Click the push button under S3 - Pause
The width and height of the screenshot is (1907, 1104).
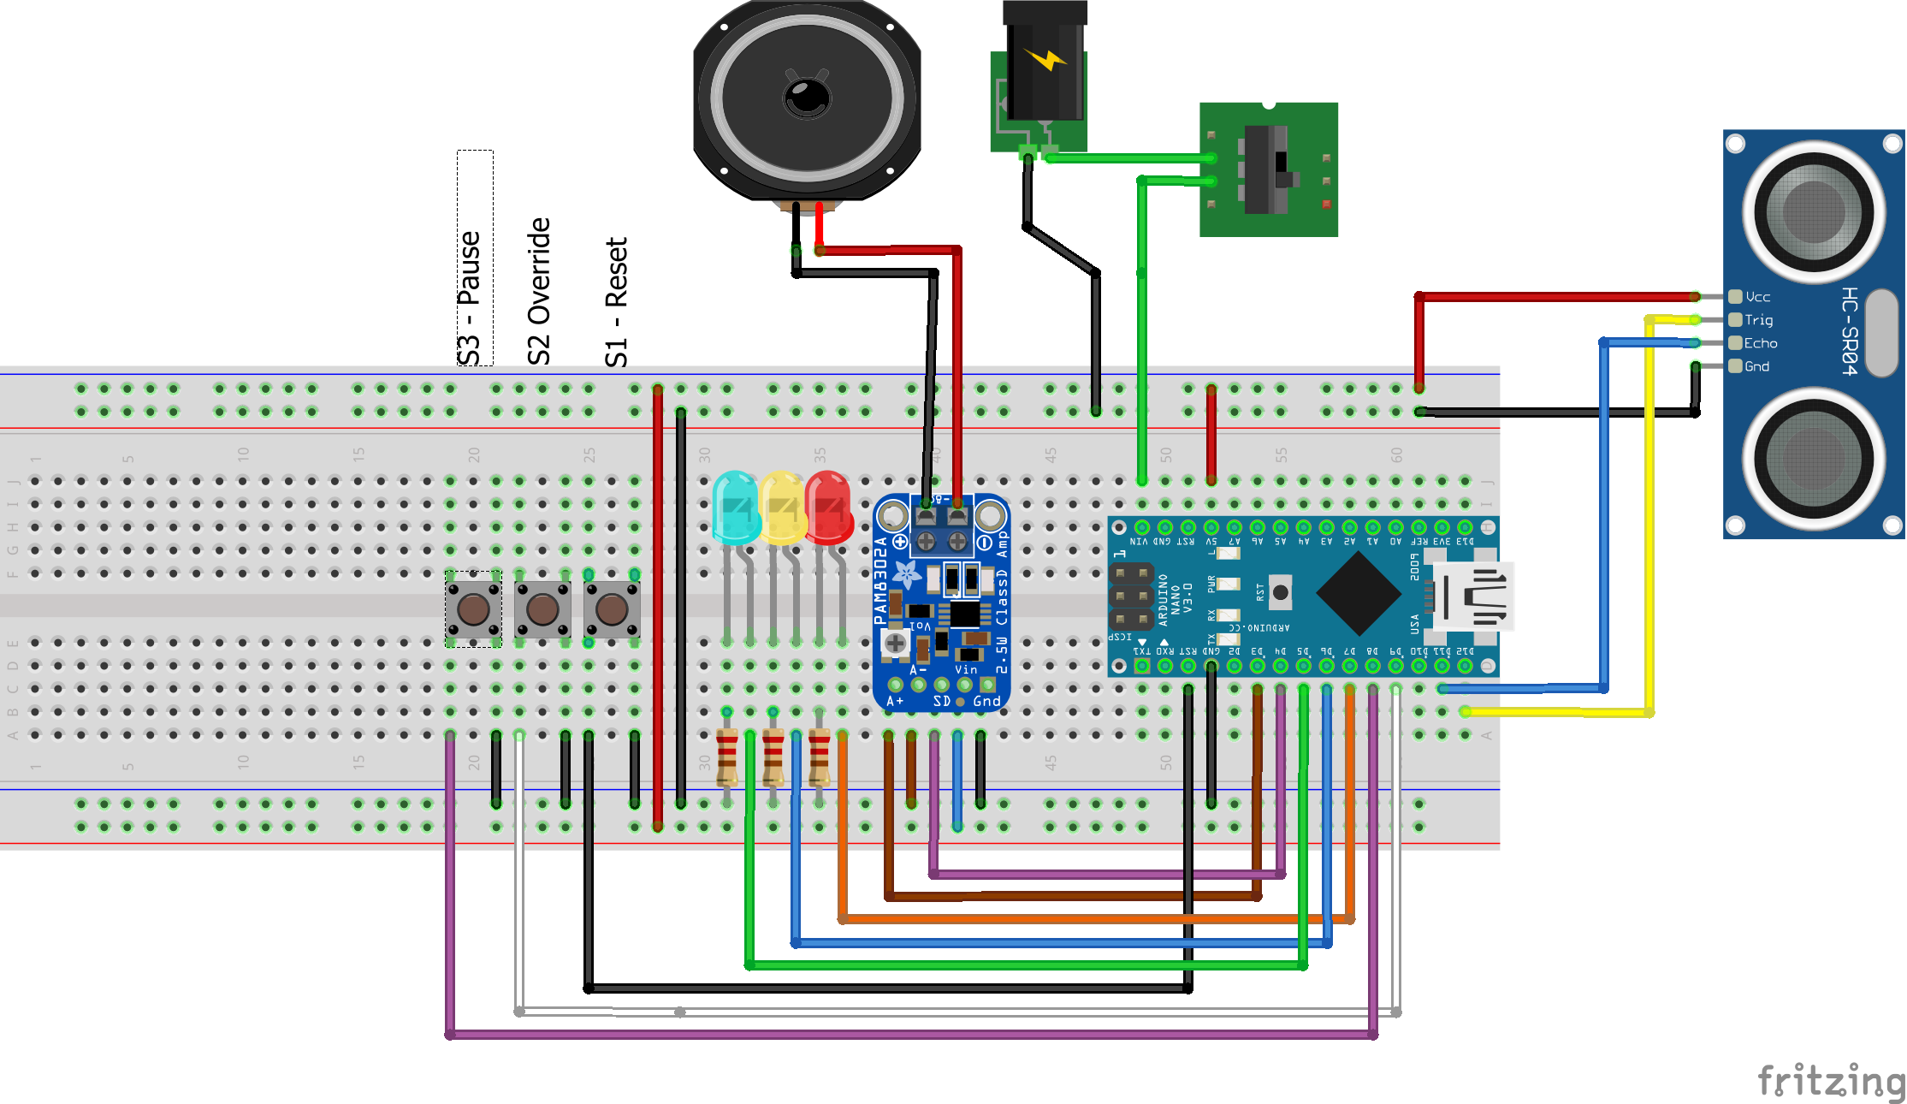pyautogui.click(x=473, y=609)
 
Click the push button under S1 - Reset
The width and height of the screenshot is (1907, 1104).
pyautogui.click(x=612, y=609)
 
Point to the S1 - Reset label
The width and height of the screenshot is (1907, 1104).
pyautogui.click(x=617, y=301)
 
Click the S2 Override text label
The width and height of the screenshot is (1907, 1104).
pyautogui.click(x=539, y=291)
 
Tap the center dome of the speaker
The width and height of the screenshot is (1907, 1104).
pyautogui.click(x=807, y=96)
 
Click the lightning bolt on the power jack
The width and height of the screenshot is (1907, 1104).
pyautogui.click(x=1045, y=59)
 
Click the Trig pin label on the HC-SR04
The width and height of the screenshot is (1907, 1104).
pyautogui.click(x=1758, y=320)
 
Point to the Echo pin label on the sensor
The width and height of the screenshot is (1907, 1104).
pyautogui.click(x=1760, y=343)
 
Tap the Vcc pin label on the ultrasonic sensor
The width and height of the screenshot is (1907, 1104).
pyautogui.click(x=1757, y=297)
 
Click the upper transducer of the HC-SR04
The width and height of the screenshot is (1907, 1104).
pyautogui.click(x=1813, y=211)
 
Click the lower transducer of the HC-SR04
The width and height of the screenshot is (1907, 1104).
pyautogui.click(x=1813, y=458)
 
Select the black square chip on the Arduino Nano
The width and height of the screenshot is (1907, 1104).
pyautogui.click(x=1358, y=592)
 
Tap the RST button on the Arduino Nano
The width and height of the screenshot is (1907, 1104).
pyautogui.click(x=1280, y=592)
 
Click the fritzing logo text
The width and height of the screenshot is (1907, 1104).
pyautogui.click(x=1830, y=1080)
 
